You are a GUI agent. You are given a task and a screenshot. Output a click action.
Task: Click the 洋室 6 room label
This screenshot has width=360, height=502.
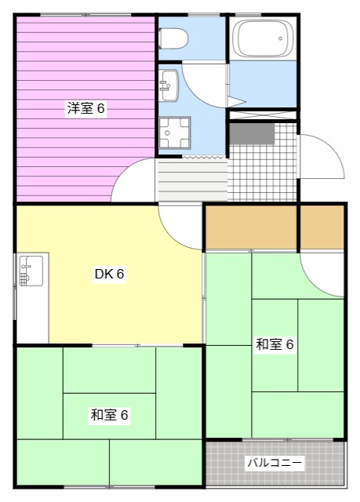(85, 109)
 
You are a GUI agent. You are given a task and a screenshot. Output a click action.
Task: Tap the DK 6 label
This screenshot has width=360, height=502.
(110, 274)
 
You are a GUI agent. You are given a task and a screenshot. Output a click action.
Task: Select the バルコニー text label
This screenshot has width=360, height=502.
(275, 463)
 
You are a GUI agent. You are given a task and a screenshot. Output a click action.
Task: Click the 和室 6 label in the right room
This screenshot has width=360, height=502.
(275, 344)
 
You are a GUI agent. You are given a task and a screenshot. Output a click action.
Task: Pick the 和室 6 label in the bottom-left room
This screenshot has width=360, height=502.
(109, 414)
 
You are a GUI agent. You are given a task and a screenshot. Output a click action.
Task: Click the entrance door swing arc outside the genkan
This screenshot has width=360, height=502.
(321, 157)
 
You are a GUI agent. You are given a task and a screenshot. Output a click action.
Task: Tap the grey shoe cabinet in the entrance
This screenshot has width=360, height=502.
(251, 133)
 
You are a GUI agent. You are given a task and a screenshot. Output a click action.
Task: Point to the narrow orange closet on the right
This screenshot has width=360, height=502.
(322, 227)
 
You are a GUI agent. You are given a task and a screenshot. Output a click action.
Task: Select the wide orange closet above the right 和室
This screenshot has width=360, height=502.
(251, 227)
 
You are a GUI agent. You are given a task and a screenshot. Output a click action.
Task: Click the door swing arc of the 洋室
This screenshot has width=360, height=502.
(133, 182)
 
